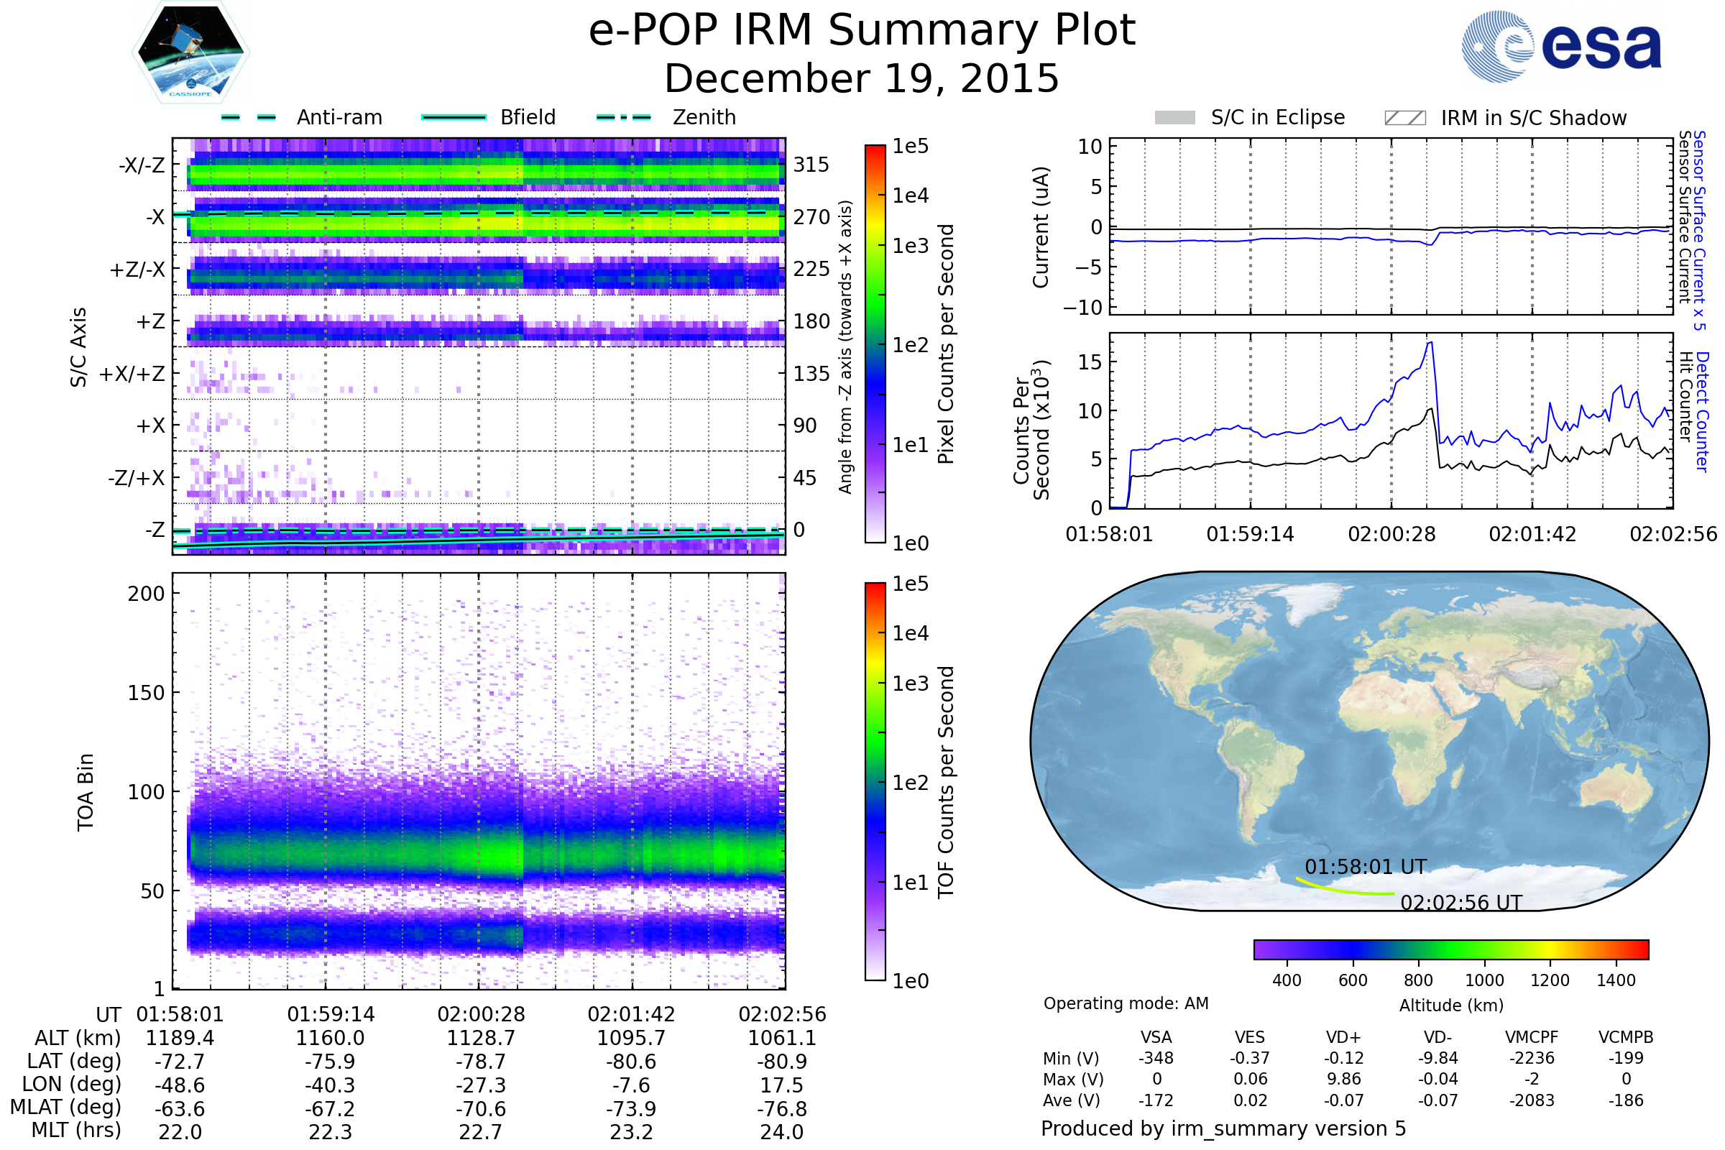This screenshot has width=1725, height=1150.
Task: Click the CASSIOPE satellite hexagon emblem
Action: tap(190, 52)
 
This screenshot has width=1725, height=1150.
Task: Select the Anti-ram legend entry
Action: tap(301, 117)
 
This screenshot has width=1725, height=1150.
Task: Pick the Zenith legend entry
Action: tap(666, 117)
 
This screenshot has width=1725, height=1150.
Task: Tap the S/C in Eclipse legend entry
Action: tap(1250, 117)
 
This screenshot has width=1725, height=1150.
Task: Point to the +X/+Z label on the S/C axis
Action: tap(132, 374)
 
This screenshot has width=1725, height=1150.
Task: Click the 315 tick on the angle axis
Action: tap(811, 165)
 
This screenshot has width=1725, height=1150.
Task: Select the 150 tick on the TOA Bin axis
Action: tap(146, 693)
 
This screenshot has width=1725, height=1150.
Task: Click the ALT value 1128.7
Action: tap(481, 1038)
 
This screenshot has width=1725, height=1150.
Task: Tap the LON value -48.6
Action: tap(180, 1085)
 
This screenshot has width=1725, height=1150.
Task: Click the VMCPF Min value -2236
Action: tap(1532, 1058)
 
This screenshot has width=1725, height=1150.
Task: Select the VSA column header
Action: tap(1156, 1037)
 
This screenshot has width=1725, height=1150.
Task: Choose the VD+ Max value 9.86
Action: tap(1343, 1079)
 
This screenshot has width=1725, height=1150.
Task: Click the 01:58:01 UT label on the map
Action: tap(1366, 867)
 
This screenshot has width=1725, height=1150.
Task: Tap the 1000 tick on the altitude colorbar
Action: tap(1484, 980)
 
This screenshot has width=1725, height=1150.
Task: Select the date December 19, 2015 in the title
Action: tap(862, 78)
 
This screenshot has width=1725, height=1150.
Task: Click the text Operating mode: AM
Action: tap(1126, 1003)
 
